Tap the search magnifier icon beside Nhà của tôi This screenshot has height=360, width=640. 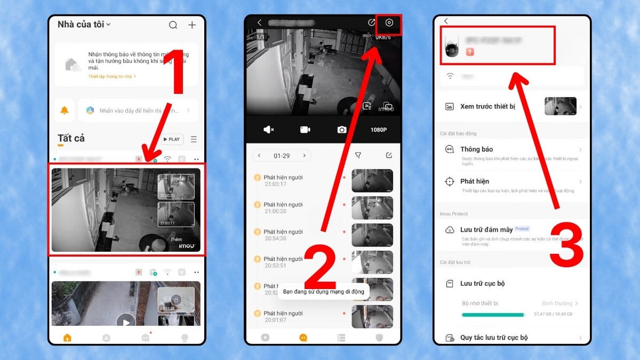pos(173,25)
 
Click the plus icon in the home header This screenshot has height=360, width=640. pos(192,25)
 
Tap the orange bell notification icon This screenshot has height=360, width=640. pos(65,110)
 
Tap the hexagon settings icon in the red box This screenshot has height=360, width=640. pos(389,23)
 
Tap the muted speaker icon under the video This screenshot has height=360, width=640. pos(269,130)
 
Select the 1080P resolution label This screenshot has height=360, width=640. pos(379,130)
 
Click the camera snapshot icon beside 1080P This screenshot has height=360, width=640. pos(341,130)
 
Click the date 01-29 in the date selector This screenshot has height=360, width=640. pos(282,156)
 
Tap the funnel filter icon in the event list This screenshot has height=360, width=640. pos(358,155)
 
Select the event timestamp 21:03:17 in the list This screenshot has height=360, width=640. pos(276,184)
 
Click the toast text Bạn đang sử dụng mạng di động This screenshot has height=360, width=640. pos(323,292)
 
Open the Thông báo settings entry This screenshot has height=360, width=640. pos(476,149)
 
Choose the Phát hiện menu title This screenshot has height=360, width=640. pos(475,181)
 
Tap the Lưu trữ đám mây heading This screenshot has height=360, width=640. pos(486,229)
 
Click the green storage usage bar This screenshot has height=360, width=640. pos(493,315)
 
